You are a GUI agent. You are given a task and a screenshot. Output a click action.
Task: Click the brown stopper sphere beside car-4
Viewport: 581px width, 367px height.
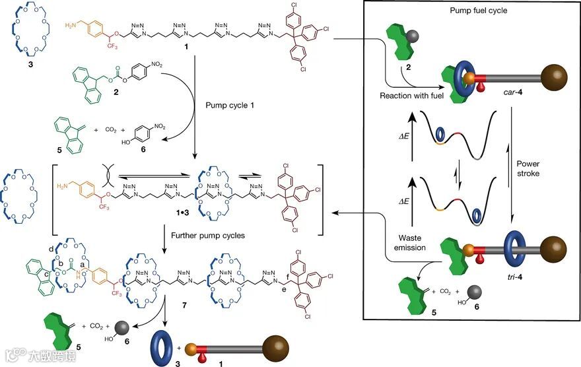click(550, 77)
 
